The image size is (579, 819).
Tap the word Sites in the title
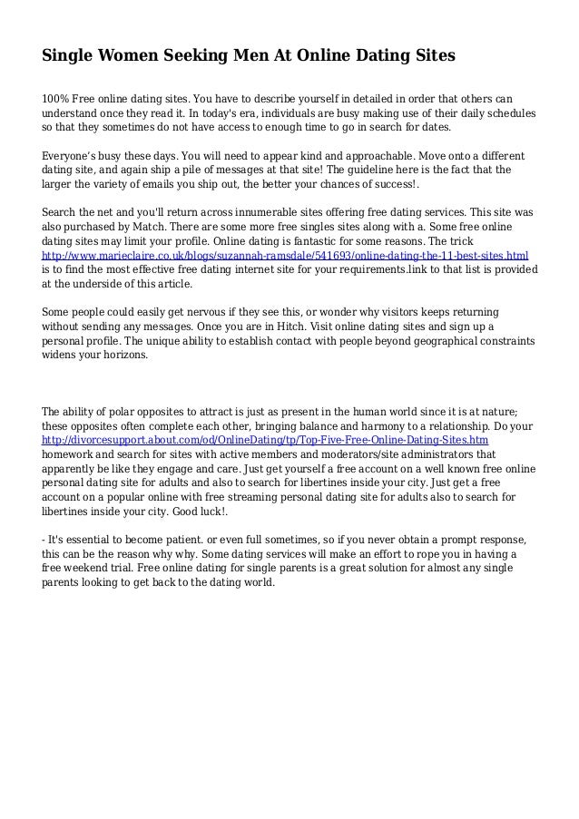coord(428,56)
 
